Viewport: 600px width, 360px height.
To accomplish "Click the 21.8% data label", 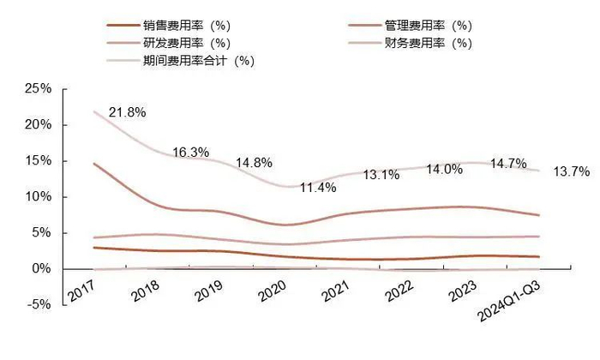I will pos(126,112).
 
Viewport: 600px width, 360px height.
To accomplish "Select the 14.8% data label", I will pos(256,162).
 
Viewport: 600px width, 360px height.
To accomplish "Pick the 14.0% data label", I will pos(444,170).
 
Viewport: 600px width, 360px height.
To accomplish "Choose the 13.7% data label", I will pos(571,171).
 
